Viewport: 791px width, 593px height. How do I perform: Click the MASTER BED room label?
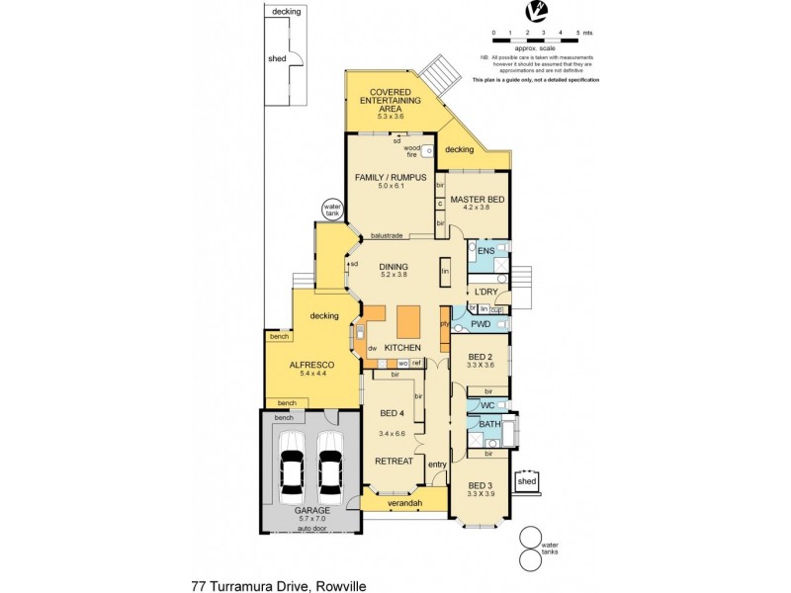478,200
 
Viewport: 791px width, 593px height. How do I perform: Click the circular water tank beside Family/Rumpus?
331,211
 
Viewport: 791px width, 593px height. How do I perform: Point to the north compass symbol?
535,12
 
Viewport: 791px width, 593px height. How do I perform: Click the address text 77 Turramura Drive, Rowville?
280,586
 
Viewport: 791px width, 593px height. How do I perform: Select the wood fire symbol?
428,152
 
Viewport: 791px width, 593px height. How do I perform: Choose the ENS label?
484,252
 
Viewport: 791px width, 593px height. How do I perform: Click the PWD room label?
481,323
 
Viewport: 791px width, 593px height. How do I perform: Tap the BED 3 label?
480,485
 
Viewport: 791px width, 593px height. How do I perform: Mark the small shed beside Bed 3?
528,482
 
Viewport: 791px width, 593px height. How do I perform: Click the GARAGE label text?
310,510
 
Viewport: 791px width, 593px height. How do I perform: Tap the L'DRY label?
484,292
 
